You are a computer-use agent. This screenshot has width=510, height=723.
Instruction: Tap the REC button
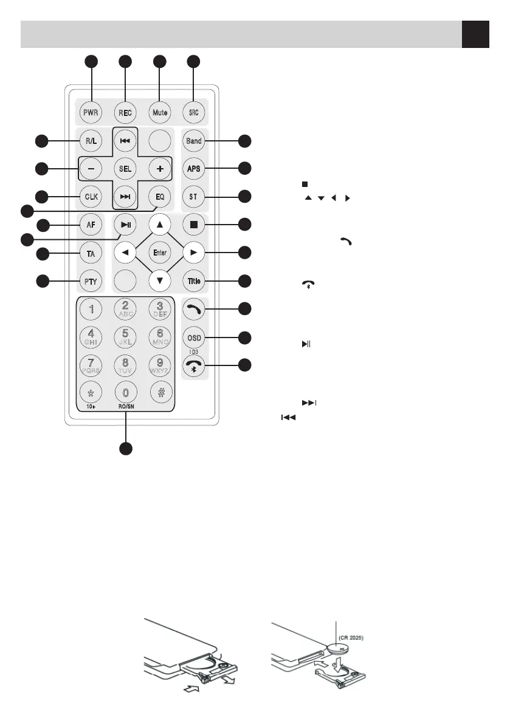click(x=125, y=112)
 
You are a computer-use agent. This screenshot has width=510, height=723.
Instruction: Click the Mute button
click(x=160, y=112)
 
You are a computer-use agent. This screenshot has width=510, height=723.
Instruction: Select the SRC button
click(x=194, y=112)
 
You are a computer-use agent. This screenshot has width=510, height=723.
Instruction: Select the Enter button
click(x=160, y=252)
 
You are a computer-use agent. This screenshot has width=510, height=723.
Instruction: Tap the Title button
click(x=194, y=280)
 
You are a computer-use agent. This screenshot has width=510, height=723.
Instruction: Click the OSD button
click(x=194, y=338)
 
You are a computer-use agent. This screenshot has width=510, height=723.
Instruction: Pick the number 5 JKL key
click(x=125, y=337)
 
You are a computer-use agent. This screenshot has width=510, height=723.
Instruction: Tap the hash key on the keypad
click(x=160, y=393)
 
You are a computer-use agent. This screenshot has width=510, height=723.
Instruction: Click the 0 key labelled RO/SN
click(x=125, y=393)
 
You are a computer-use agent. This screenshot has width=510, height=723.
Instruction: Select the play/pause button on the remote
click(x=125, y=224)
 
